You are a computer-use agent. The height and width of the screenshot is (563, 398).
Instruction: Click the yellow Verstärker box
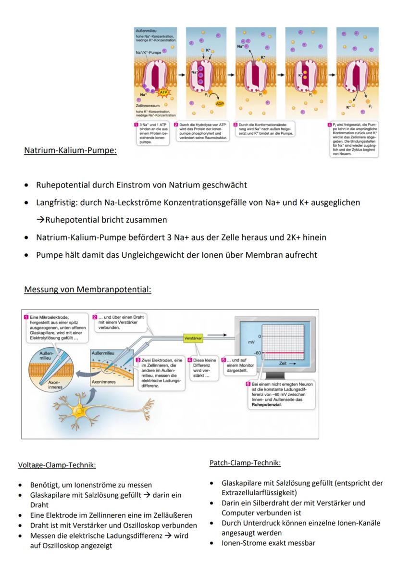193,338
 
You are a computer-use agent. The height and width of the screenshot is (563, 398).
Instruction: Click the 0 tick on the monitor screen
259,336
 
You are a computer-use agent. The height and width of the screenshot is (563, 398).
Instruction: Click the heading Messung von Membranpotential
88,289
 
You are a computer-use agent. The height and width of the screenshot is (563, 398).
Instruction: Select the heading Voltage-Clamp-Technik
57,465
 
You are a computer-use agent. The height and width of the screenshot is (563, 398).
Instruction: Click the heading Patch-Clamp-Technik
245,463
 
